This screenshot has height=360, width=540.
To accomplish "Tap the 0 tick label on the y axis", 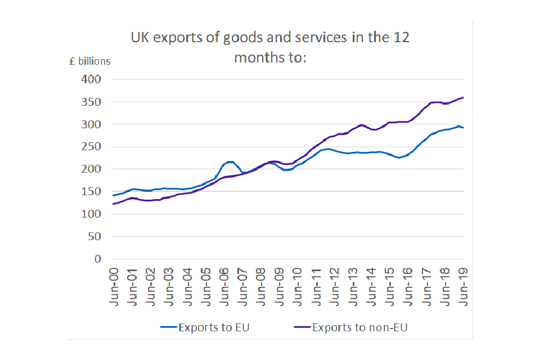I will click(97, 259).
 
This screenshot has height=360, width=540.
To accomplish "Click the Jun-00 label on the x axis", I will click(114, 286).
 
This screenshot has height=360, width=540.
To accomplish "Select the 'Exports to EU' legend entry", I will click(209, 327).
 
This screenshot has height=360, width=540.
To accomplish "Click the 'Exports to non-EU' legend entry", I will click(351, 327).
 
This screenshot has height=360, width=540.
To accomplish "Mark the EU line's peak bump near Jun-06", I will click(229, 162).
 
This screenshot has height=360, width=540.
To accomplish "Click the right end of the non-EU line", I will click(463, 97).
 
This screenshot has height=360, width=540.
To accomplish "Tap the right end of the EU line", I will click(463, 128).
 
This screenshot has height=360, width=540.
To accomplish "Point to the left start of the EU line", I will click(114, 196).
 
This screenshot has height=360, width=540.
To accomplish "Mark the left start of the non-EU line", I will click(114, 204).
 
